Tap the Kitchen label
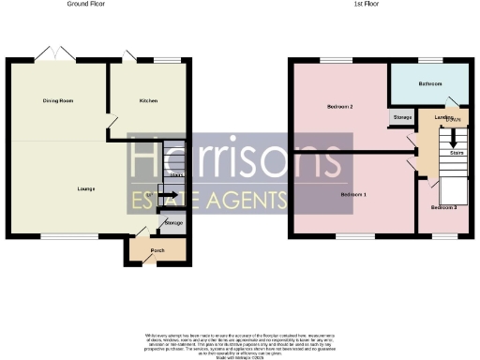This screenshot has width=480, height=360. tap(148, 100)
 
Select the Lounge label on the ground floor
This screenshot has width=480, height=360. tap(86, 189)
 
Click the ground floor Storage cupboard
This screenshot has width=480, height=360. tap(173, 223)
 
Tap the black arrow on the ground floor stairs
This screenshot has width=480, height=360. tap(168, 196)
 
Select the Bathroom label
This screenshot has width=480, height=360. tap(430, 83)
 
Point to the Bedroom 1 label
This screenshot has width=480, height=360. tap(352, 193)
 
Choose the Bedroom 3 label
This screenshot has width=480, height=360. tap(443, 207)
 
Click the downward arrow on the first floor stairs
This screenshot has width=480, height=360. tap(456, 134)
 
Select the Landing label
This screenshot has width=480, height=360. tap(444, 118)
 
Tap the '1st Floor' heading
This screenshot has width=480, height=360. tap(379, 5)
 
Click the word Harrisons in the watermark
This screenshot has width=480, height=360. tap(239, 160)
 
